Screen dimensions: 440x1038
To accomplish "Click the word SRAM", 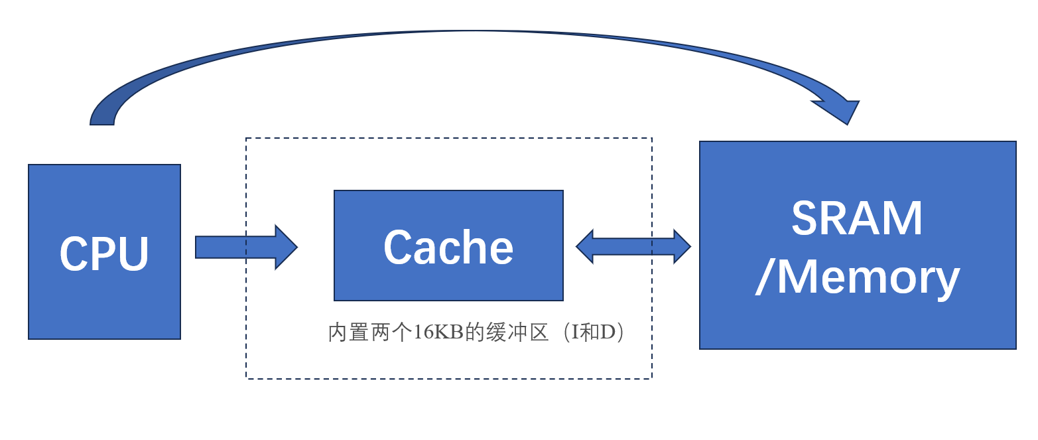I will (857, 219).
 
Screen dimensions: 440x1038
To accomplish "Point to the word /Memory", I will (857, 277).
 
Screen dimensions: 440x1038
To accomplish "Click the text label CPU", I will (104, 254).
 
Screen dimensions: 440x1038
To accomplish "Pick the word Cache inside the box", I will (448, 248).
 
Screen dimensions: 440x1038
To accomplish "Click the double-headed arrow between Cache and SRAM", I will (633, 247).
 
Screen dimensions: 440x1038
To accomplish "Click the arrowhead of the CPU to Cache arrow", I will (286, 247).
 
